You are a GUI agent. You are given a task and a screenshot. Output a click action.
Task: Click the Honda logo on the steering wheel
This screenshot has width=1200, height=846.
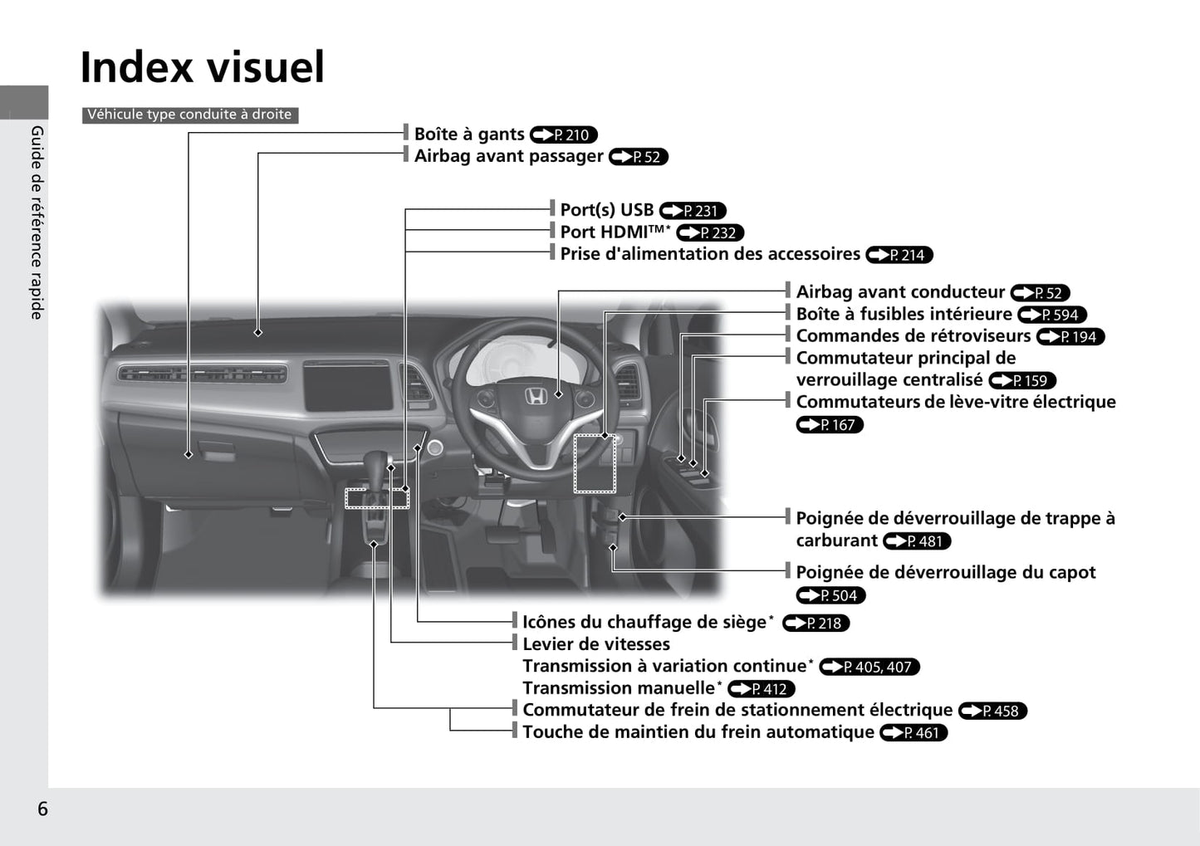(535, 397)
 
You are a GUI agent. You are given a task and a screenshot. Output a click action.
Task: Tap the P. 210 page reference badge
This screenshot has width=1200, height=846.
(564, 134)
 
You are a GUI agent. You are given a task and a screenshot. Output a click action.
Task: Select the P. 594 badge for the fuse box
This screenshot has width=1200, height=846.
(1052, 315)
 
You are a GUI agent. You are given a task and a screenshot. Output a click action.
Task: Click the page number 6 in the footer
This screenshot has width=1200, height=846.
(42, 809)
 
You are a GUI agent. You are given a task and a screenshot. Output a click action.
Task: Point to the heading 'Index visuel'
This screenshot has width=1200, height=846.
(203, 67)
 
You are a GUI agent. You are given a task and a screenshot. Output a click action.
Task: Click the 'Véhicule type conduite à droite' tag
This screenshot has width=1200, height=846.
(190, 115)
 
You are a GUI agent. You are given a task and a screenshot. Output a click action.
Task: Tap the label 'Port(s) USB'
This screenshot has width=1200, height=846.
(607, 209)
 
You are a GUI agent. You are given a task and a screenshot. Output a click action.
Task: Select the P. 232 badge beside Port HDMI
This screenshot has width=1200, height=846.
(710, 232)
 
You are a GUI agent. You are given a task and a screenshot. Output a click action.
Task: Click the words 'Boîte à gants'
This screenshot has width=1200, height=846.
(469, 134)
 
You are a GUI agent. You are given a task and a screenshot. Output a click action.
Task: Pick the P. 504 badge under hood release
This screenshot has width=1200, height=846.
(831, 595)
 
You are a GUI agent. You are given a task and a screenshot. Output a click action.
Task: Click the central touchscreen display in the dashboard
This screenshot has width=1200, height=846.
(348, 385)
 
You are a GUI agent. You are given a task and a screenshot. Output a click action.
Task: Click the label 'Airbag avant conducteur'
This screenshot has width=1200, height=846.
(900, 291)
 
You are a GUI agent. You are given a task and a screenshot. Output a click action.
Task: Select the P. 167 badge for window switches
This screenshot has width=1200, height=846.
(830, 424)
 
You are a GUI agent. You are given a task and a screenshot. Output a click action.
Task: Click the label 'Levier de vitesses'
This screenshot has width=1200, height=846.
(596, 643)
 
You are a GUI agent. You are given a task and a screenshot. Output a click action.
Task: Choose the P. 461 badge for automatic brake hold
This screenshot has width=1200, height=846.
(914, 732)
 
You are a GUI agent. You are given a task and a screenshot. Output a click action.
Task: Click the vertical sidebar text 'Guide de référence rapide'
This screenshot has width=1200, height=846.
(37, 223)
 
